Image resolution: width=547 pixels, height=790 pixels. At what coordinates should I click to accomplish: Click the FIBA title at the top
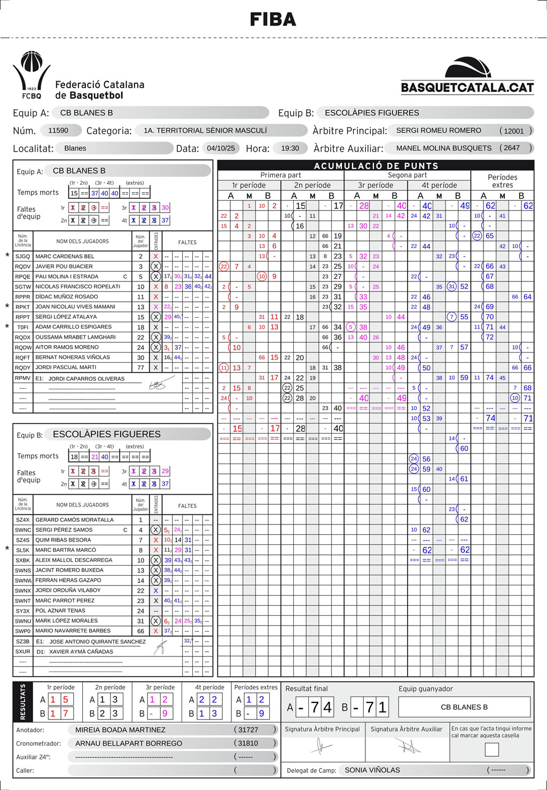point(273,20)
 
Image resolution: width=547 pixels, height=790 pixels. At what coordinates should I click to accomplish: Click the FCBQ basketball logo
point(32,75)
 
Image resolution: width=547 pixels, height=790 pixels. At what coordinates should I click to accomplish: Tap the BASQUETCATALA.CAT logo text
point(467,88)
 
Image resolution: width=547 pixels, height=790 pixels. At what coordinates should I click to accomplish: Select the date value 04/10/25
point(221,148)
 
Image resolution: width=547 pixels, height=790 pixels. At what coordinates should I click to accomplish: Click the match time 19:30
point(290,148)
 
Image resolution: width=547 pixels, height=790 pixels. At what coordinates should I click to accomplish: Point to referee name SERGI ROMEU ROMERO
point(439,130)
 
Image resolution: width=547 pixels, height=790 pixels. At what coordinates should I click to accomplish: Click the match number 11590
point(58,130)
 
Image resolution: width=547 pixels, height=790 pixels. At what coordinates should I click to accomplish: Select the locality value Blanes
point(75,148)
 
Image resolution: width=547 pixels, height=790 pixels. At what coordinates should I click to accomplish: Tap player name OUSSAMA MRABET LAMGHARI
point(75,337)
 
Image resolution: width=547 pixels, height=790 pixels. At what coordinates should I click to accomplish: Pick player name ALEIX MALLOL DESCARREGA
point(74,560)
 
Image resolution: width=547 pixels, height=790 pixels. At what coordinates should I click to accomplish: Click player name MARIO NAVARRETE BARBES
point(73,631)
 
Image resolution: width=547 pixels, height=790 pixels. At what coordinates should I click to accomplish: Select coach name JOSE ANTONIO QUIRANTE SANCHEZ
point(98,642)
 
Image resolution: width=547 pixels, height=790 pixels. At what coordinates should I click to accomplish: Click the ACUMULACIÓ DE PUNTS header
point(376,166)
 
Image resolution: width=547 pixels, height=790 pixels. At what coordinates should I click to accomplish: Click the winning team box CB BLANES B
point(464,707)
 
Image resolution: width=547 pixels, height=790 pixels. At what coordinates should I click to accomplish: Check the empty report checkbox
point(491,749)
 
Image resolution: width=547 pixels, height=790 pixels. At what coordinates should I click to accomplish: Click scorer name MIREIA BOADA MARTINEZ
point(120,730)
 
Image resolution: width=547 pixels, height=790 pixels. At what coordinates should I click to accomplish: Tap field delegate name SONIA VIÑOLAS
point(372,770)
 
